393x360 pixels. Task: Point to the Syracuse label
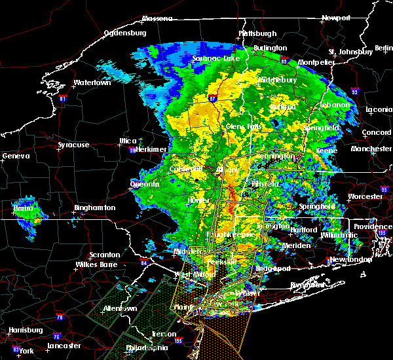(x=73, y=145)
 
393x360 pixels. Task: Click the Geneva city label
(x=16, y=156)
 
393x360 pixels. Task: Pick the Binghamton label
(x=94, y=207)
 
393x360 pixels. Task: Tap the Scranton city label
(x=105, y=255)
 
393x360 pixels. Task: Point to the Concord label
(x=376, y=133)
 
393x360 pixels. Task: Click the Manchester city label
(x=371, y=149)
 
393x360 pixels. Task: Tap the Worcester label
(x=365, y=196)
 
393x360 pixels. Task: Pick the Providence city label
(x=373, y=226)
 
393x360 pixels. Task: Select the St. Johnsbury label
(x=350, y=52)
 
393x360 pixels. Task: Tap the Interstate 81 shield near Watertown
(x=63, y=99)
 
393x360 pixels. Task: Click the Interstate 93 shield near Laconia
(x=354, y=92)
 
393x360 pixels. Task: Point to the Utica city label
(x=128, y=141)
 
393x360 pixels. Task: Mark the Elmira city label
(x=24, y=209)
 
